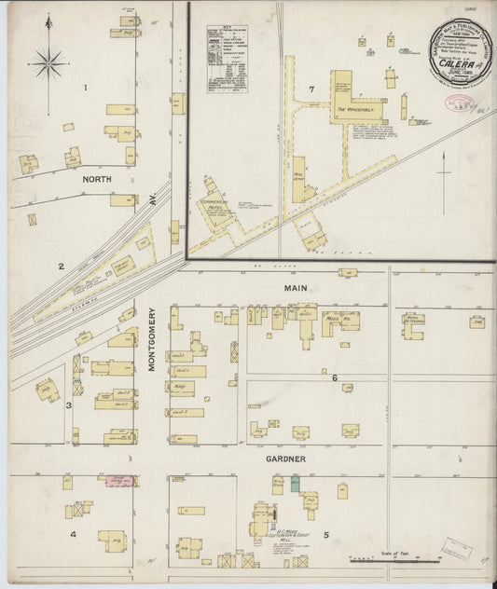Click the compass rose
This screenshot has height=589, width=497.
48,63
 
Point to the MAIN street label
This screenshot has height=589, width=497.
297,289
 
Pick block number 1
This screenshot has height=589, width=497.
85,89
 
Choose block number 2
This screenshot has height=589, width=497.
62,267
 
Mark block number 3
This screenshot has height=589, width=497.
68,405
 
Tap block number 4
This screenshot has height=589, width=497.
72,534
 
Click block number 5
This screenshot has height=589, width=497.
326,535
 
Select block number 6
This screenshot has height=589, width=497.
333,377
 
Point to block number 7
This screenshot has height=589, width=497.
311,89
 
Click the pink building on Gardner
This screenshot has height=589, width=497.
118,481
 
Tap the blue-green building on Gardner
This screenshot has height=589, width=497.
296,483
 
